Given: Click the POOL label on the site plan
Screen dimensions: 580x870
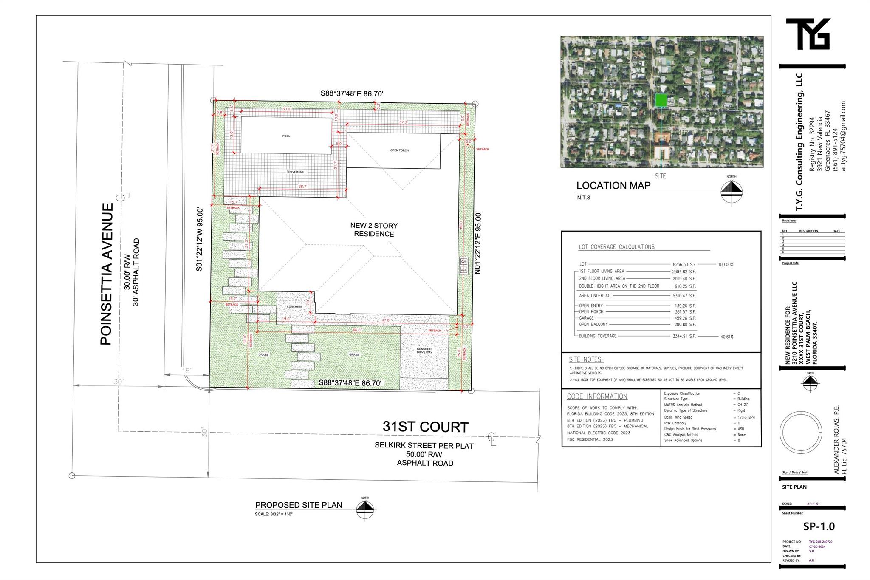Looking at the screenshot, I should click(x=286, y=136).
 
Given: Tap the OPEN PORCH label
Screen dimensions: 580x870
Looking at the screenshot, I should click(x=399, y=150).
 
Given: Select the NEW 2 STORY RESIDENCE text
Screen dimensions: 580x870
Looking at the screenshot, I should click(x=374, y=229).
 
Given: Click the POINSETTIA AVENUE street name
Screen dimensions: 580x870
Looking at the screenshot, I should click(x=107, y=274).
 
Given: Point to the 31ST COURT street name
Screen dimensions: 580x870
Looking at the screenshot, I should click(x=425, y=427).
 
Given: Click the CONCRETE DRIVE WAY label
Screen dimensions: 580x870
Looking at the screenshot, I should click(x=424, y=351).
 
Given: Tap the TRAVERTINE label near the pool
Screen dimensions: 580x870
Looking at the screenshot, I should click(x=295, y=172).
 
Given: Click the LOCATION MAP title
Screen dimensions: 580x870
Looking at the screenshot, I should click(x=613, y=186).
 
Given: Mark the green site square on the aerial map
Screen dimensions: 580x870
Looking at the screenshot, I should click(x=661, y=100).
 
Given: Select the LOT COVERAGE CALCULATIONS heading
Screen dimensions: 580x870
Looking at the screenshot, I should click(x=616, y=247).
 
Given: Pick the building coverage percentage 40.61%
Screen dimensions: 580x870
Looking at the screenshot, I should click(x=726, y=337).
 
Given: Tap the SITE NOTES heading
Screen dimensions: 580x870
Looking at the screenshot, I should click(x=586, y=359).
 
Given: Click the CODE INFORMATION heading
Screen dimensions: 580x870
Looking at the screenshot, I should click(x=597, y=396).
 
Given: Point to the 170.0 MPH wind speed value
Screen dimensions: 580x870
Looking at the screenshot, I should click(x=746, y=417).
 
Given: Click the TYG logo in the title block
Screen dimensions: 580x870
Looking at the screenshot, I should click(x=808, y=34).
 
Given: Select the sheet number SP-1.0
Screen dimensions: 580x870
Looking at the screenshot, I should click(x=819, y=526).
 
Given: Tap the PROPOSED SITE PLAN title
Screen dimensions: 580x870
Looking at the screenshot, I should click(x=298, y=505).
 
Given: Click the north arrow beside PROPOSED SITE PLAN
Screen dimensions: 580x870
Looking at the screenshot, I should click(x=365, y=509).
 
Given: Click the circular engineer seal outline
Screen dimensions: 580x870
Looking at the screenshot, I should click(x=797, y=433).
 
